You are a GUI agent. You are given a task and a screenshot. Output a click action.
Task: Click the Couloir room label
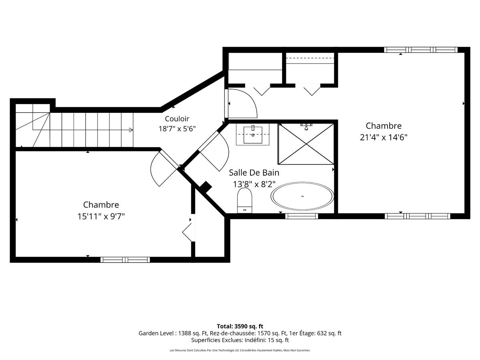coord(177,119)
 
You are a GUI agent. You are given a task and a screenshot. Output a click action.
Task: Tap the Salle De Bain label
coord(254,173)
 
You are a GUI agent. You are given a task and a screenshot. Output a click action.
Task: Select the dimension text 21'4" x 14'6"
coord(384,138)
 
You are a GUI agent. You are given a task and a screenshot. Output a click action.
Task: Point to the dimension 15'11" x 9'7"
coord(101,216)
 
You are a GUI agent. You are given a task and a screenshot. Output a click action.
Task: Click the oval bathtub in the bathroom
coord(302,196)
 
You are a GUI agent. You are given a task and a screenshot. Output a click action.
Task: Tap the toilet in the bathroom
coord(245,200)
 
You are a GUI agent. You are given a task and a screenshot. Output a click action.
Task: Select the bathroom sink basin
coord(253,135)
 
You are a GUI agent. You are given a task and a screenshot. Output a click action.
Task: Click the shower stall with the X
coord(306,144)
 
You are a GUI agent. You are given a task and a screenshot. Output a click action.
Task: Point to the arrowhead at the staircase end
coord(131,130)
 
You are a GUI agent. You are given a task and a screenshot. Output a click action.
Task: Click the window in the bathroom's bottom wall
coord(302,216)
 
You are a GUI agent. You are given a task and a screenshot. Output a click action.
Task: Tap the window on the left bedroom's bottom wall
coord(125,260)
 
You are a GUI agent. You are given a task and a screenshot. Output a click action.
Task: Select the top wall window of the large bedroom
coord(421,50)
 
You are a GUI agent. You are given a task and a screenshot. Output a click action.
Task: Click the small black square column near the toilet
coord(206,187)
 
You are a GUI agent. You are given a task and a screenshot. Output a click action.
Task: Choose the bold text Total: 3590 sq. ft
coord(240,326)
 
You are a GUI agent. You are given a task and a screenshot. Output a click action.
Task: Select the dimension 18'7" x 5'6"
coord(177,129)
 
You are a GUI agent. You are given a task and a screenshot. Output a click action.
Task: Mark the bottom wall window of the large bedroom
coord(418,216)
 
